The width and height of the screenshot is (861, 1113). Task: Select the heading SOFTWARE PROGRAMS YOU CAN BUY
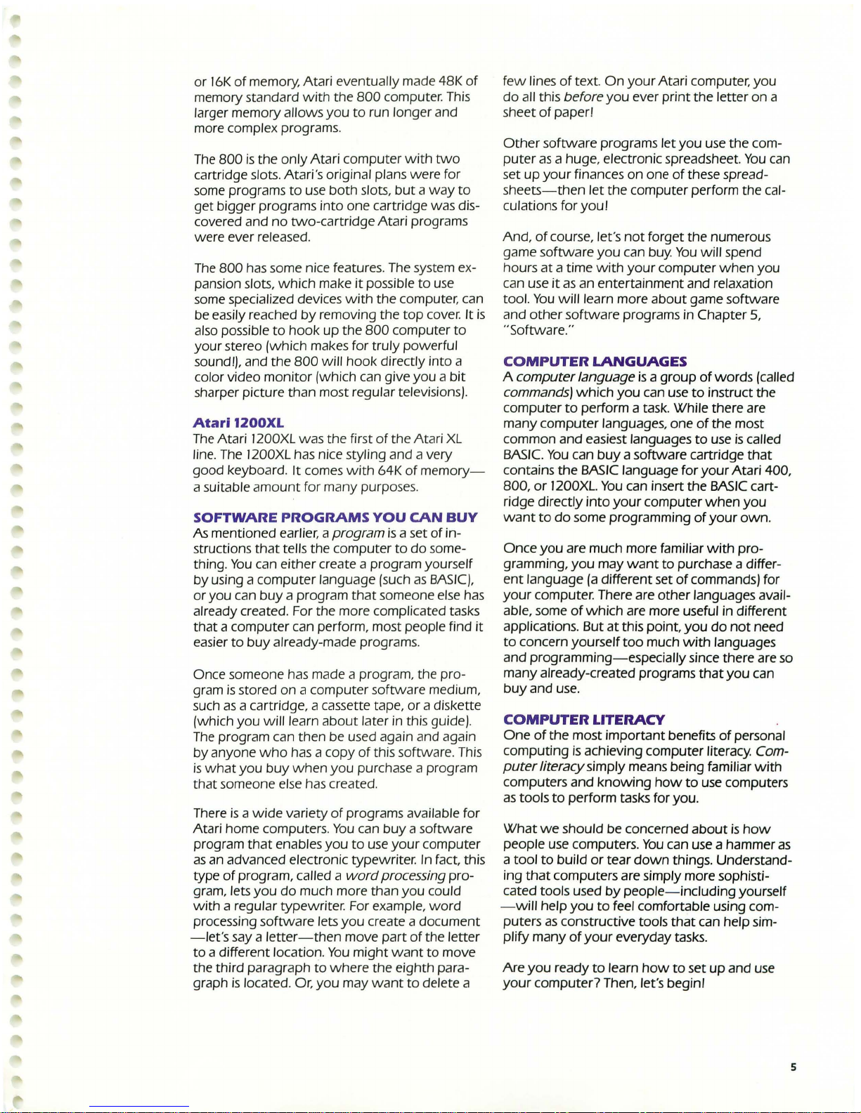(335, 518)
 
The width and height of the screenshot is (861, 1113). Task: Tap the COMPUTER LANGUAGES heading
(595, 362)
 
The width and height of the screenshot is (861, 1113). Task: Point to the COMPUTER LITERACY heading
(583, 719)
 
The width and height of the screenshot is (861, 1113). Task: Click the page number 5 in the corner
(793, 1067)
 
